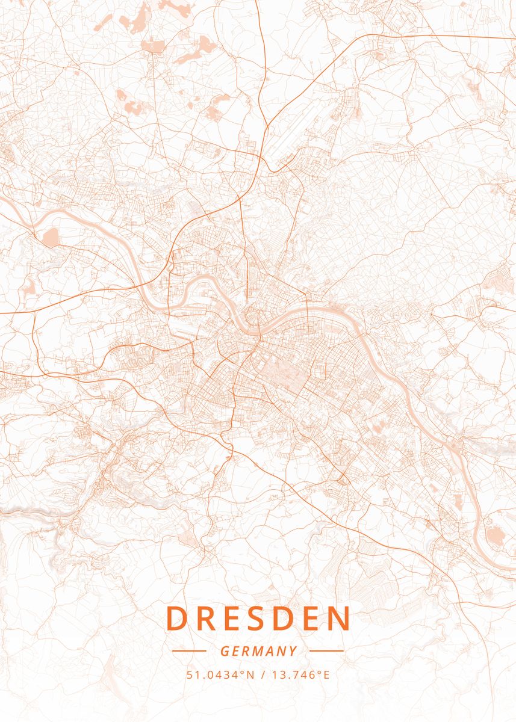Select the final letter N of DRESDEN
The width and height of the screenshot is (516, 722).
click(340, 619)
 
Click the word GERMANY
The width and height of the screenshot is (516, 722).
click(258, 651)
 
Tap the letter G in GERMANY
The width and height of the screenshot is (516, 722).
click(225, 651)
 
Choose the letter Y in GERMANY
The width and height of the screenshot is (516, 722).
click(293, 651)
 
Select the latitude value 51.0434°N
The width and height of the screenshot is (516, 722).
click(220, 674)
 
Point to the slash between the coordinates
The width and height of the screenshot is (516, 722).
click(263, 674)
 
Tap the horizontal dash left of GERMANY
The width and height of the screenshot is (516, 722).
click(189, 651)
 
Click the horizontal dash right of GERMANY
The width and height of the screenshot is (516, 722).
click(327, 651)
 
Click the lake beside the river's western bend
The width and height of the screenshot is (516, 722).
click(50, 237)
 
